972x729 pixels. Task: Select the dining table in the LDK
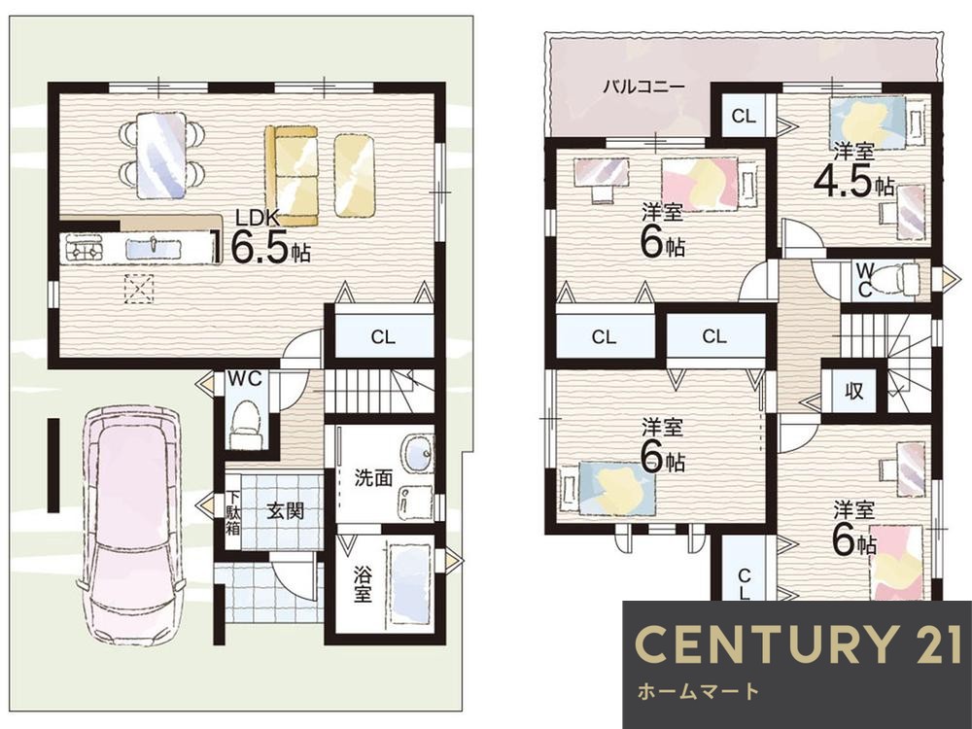[x=161, y=155]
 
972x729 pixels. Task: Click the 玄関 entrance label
[x=285, y=511]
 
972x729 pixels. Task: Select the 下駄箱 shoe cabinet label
[x=233, y=512]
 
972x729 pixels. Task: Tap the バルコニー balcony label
[x=644, y=87]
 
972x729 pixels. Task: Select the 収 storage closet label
[x=853, y=391]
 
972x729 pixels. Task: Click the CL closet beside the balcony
[x=744, y=116]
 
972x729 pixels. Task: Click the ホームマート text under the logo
[x=698, y=691]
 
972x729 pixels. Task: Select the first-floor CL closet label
[x=383, y=337]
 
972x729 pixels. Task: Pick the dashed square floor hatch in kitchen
[x=139, y=289]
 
